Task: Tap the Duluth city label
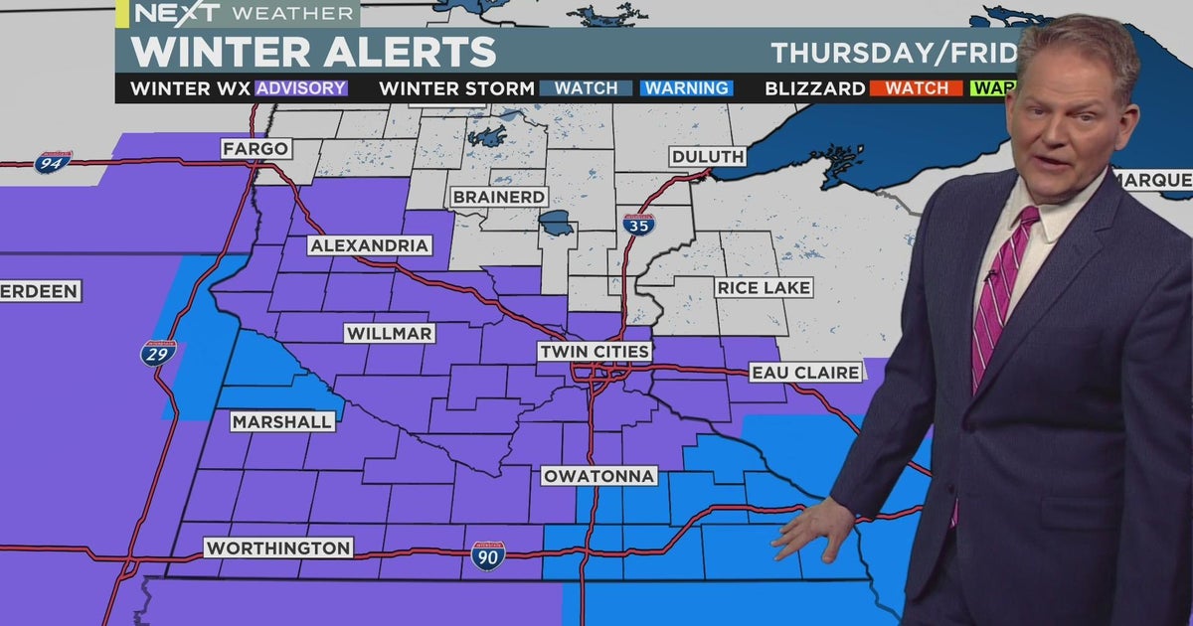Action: coord(707,157)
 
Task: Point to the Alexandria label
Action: coord(369,245)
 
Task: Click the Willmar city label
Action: coord(390,334)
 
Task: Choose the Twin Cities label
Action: coord(595,352)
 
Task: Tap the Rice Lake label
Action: coord(764,288)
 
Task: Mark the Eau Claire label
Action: coord(805,373)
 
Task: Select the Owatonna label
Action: coord(599,476)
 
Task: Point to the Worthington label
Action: coord(277,548)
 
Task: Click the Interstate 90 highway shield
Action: coord(487,554)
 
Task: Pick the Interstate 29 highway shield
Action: coord(158,353)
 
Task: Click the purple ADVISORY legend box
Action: coord(301,88)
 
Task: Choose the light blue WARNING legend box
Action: coord(686,88)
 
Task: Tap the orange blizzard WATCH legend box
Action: coord(916,88)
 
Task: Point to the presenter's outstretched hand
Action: coord(810,527)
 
